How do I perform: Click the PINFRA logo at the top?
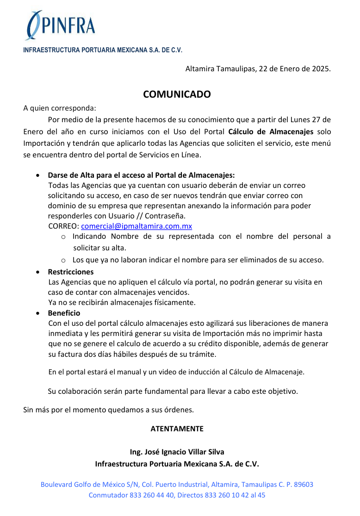pos(61,25)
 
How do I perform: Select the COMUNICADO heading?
pos(177,94)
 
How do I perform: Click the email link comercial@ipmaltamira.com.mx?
pos(137,226)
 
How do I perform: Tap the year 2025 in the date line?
pos(321,69)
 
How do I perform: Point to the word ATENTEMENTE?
pos(177,429)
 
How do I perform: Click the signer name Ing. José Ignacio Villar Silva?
pos(177,452)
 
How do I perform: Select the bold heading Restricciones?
pos(71,272)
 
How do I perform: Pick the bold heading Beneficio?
pos(64,313)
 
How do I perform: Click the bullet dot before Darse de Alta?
pos(37,176)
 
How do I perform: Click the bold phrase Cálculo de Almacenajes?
pos(271,132)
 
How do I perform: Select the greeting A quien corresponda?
pos(60,108)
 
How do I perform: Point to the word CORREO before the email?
pos(63,226)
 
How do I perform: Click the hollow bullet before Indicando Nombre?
pos(63,237)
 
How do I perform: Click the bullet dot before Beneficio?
pos(37,313)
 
